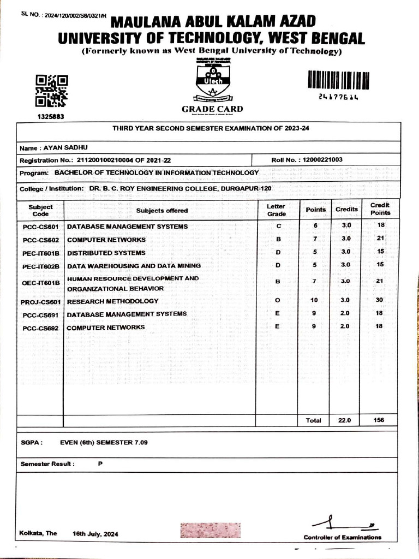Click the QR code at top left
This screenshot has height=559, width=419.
(51, 91)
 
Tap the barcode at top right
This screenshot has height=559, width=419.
(338, 81)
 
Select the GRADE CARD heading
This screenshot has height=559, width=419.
(212, 110)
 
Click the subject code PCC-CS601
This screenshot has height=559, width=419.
(40, 227)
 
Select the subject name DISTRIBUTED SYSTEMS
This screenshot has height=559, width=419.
(106, 253)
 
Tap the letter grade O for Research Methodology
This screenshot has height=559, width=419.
(277, 301)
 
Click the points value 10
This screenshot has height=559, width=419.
(314, 300)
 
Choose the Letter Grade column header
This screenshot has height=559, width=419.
(276, 210)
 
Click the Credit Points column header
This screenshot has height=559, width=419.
(380, 209)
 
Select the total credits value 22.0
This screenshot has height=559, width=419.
(345, 420)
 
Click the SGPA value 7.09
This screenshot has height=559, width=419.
(141, 443)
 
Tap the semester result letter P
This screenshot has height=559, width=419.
(100, 463)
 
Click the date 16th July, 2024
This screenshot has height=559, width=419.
(95, 534)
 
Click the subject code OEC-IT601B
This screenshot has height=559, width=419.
(40, 283)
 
